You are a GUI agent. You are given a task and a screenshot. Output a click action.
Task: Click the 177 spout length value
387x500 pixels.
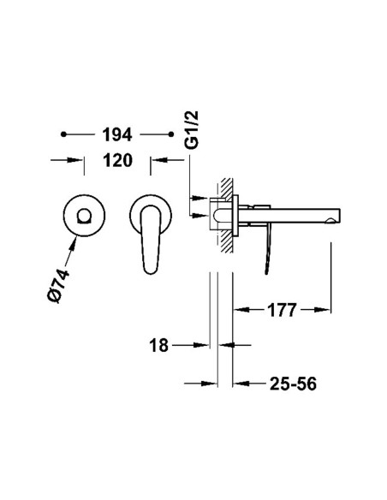coord(283,310)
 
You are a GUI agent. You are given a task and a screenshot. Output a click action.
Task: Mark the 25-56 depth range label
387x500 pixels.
coord(285,384)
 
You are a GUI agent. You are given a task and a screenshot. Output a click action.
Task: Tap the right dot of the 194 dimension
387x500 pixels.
coord(171,134)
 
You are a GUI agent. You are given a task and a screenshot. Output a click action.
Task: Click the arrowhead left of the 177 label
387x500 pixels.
coord(242,310)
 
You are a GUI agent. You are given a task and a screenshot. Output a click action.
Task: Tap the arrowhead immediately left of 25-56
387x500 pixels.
coord(241,384)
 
